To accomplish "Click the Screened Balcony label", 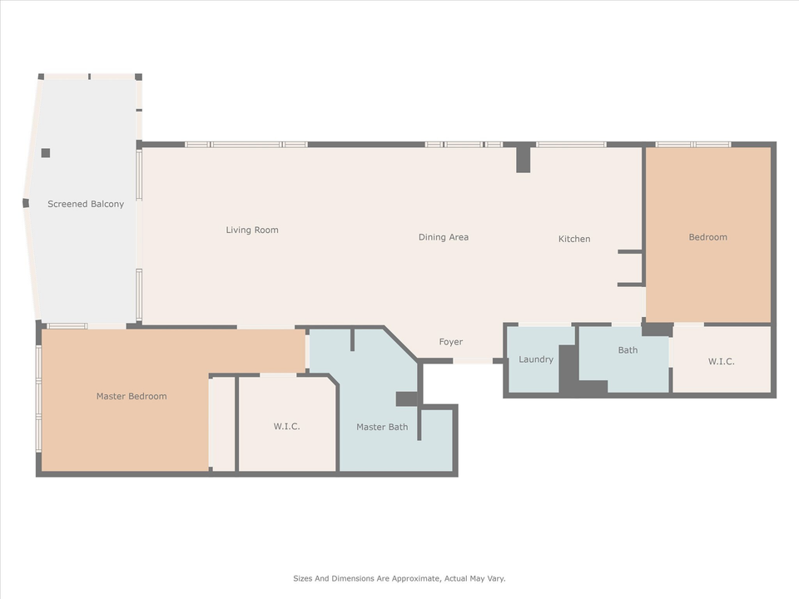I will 86,204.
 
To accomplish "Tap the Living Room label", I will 252,230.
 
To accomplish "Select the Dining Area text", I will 443,237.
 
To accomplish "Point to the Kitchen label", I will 574,239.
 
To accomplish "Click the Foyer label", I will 451,342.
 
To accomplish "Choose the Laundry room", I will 536,359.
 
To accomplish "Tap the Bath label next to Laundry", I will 628,350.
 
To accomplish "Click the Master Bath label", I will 382,427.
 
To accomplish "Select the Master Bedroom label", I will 132,396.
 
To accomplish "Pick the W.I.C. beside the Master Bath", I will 286,426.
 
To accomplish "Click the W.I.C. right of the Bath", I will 721,361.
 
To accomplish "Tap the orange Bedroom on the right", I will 707,237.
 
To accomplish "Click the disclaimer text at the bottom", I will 399,578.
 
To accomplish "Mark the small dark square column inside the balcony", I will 45,153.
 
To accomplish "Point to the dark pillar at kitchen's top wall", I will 523,159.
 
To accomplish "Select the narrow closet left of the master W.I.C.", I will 223,424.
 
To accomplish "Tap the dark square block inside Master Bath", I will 406,399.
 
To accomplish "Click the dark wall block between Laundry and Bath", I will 568,369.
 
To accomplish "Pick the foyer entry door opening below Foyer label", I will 473,362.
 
